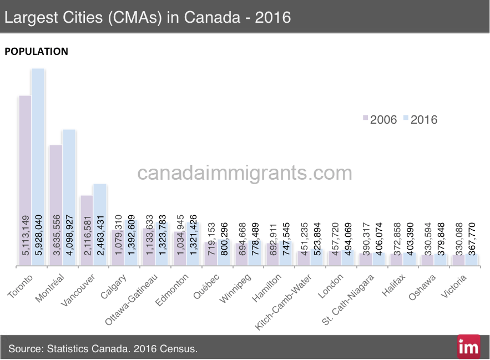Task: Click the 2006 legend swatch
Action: pyautogui.click(x=365, y=119)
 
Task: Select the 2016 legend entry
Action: pyautogui.click(x=420, y=119)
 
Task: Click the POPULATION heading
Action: pyautogui.click(x=36, y=52)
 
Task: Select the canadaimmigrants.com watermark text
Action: pyautogui.click(x=245, y=173)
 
